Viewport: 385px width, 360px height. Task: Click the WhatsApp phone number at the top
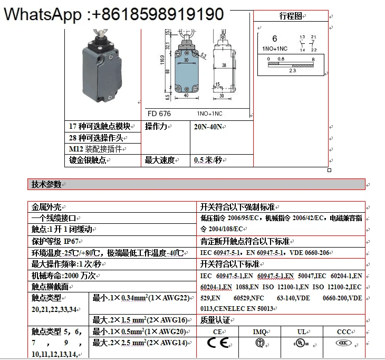(x=113, y=14)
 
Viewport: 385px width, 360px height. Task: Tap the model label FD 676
(x=159, y=113)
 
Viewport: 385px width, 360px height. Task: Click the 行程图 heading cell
(x=291, y=16)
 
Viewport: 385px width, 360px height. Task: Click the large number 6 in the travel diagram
(x=274, y=39)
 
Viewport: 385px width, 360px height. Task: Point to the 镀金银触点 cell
(x=88, y=160)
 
